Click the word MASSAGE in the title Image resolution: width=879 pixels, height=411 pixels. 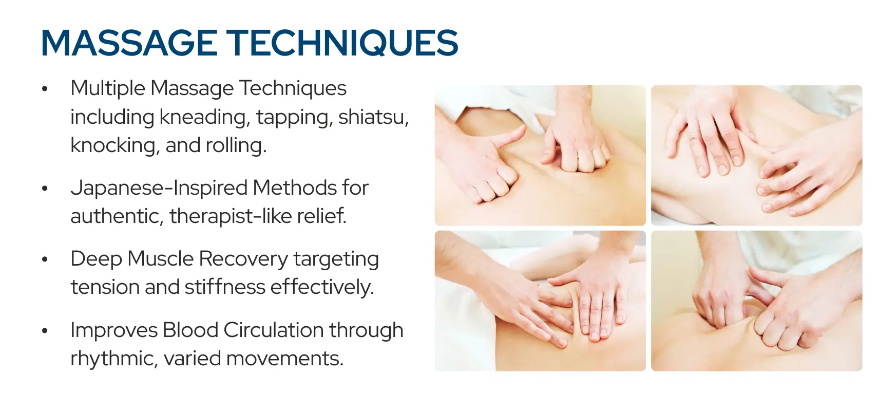pos(129,43)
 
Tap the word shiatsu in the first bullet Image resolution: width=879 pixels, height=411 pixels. pos(373,117)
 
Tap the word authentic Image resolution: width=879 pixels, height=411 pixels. pos(116,216)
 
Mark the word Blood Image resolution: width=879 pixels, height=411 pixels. pos(190,330)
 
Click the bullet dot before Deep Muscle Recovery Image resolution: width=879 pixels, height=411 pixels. pos(45,260)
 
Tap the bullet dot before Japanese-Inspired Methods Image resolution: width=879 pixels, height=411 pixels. pos(45,189)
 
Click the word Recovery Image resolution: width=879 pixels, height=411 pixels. pos(243,259)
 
